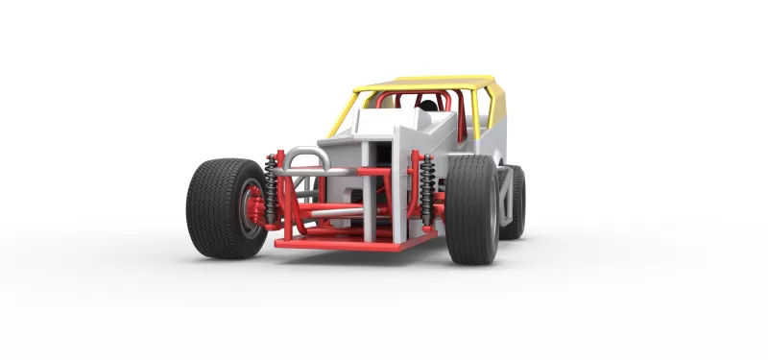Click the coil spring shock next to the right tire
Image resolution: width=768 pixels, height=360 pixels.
coord(425,192)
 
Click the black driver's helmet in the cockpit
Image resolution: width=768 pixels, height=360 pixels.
coord(427,106)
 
